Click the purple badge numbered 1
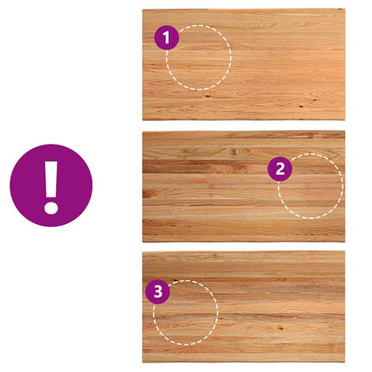point(167,37)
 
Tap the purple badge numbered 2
point(280,169)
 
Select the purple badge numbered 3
point(157,292)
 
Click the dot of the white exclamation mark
point(51,207)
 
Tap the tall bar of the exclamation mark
point(51,179)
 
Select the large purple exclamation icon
point(51,185)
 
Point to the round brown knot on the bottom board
point(280,328)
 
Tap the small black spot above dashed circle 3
point(175,279)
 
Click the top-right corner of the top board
point(345,9)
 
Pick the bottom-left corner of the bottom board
point(143,362)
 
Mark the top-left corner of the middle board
point(143,131)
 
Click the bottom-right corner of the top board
point(345,120)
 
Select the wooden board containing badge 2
point(244,186)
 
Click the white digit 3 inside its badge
point(158,292)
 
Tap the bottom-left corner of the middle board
point(143,242)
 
